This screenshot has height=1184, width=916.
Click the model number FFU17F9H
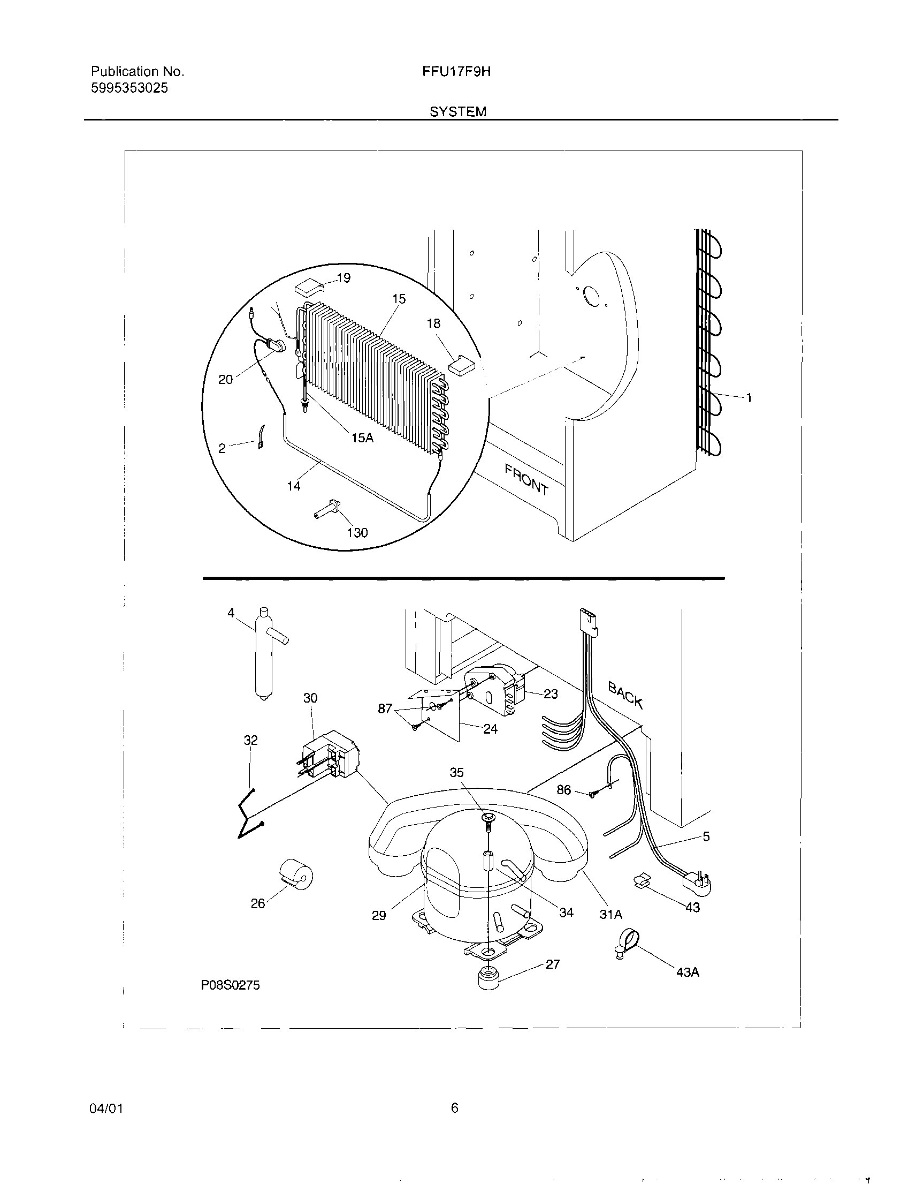click(456, 72)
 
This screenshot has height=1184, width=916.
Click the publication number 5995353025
click(129, 88)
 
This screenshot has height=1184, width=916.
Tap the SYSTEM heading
click(457, 112)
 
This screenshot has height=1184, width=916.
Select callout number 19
click(343, 278)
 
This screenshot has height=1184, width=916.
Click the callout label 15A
click(362, 438)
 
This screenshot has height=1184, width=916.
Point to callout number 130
click(357, 532)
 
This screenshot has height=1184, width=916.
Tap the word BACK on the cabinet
click(625, 696)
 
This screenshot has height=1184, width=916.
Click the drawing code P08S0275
click(230, 985)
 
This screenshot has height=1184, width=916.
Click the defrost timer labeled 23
click(495, 689)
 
